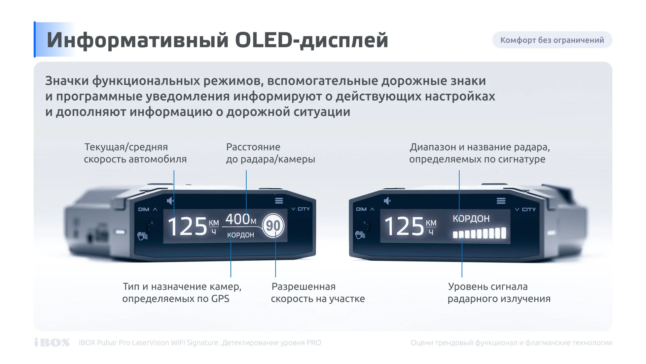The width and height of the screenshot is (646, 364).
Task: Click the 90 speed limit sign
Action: [273, 225]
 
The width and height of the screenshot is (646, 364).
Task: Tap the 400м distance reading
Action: [241, 219]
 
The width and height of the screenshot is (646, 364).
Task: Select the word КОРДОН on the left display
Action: [241, 235]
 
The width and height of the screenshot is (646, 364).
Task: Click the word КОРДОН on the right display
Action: [471, 219]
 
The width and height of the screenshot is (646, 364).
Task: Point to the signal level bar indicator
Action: [479, 233]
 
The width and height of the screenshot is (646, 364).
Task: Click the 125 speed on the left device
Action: [187, 226]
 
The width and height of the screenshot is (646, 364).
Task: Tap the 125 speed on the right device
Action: [404, 226]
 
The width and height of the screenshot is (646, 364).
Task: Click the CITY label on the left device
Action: [303, 209]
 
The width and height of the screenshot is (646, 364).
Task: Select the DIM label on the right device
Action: [361, 209]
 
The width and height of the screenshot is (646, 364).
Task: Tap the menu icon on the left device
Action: [279, 201]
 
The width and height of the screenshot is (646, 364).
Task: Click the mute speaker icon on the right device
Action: [387, 201]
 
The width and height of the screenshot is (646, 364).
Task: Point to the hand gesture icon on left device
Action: [142, 236]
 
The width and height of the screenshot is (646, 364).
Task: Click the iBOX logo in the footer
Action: [52, 342]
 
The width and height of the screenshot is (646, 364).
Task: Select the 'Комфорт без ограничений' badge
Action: [552, 40]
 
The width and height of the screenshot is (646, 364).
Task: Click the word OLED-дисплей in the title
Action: [312, 40]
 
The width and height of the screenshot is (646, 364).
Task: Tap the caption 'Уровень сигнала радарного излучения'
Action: [499, 293]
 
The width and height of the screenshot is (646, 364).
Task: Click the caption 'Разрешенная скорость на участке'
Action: [318, 293]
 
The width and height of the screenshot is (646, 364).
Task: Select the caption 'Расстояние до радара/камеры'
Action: [271, 153]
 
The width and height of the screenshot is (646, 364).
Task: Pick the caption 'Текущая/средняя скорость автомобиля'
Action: [135, 153]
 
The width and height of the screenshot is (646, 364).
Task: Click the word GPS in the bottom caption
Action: [220, 299]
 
